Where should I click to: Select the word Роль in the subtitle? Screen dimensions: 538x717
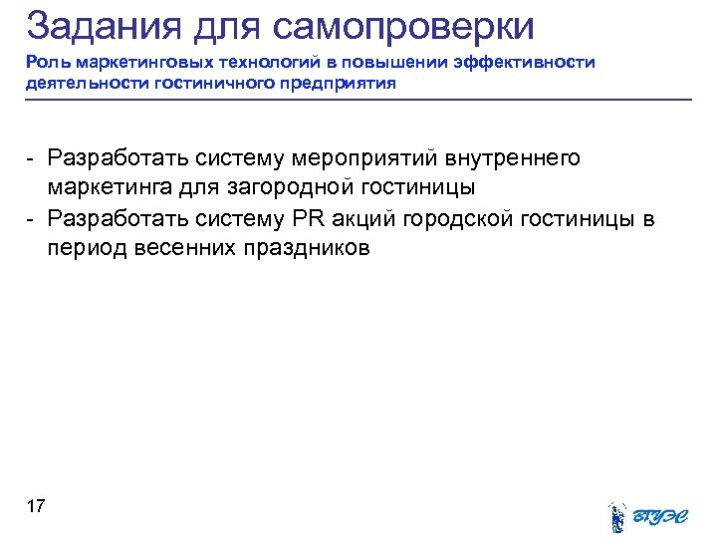pyautogui.click(x=45, y=63)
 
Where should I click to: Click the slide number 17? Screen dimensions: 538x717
pyautogui.click(x=36, y=507)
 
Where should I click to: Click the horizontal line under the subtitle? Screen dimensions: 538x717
pyautogui.click(x=358, y=100)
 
